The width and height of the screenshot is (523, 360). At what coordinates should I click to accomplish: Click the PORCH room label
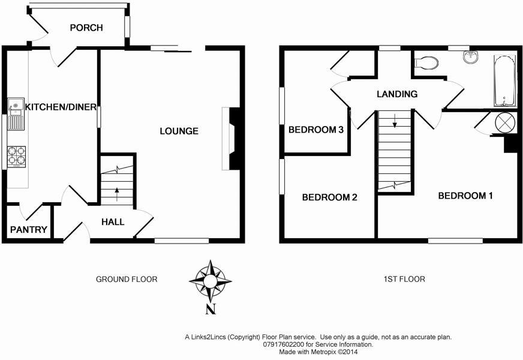tap(86, 28)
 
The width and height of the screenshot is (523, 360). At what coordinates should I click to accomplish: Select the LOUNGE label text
tap(179, 131)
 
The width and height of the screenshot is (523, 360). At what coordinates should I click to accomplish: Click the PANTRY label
tap(29, 229)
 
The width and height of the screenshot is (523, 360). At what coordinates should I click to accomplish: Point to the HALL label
tap(113, 222)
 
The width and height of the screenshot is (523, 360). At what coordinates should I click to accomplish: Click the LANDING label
tap(396, 94)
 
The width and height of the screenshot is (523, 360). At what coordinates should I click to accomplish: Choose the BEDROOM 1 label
tap(465, 195)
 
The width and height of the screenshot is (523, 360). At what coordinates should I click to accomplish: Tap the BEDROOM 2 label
tap(329, 197)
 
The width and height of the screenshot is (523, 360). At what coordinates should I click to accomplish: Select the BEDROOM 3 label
tap(315, 130)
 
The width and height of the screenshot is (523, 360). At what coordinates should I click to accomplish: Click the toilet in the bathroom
tap(426, 62)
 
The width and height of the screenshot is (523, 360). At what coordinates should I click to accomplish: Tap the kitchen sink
tap(16, 114)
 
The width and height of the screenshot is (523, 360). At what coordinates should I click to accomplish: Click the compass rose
tap(211, 281)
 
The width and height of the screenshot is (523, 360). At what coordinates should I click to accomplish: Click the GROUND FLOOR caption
tap(127, 279)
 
